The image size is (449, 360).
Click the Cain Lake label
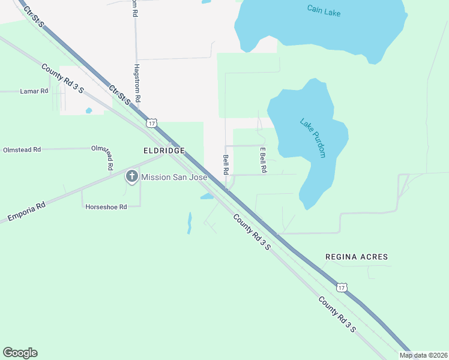[x=324, y=10]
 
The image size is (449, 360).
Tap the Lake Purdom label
[x=313, y=138]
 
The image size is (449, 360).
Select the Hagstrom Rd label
[x=137, y=83]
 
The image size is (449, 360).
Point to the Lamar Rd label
[x=34, y=91]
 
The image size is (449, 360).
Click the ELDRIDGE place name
[x=163, y=151]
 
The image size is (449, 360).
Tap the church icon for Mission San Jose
[x=131, y=177]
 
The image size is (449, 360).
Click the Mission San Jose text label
[x=174, y=177]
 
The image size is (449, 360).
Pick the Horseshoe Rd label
[x=106, y=207]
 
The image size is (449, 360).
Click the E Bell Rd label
[x=262, y=160]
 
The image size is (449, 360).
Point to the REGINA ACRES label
[x=357, y=257]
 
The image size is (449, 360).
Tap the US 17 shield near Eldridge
[x=152, y=123]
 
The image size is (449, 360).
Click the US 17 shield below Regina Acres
[x=342, y=289]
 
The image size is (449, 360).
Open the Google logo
[x=20, y=353]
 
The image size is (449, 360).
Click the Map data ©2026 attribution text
[x=423, y=355]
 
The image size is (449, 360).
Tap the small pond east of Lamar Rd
[x=89, y=110]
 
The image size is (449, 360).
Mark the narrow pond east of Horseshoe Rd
[x=190, y=222]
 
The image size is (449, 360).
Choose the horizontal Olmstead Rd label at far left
[x=22, y=149]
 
